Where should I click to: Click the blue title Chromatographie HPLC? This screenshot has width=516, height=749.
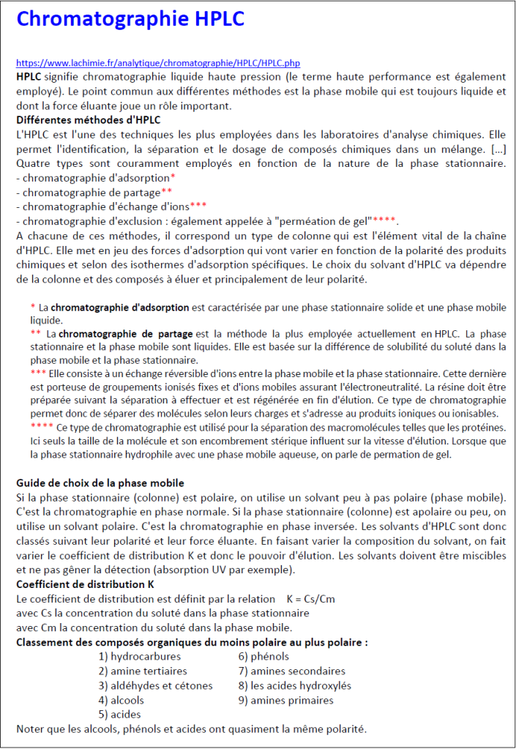click(x=130, y=20)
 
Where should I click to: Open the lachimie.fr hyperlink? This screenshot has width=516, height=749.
click(x=158, y=64)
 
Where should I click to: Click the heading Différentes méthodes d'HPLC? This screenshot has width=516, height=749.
click(x=89, y=120)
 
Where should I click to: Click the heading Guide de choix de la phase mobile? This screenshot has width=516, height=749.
click(x=100, y=483)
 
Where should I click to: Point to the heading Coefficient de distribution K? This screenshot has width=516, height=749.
click(x=85, y=584)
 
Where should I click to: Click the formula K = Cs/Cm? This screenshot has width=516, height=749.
click(x=311, y=599)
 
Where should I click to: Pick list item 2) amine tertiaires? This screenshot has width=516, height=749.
click(x=143, y=671)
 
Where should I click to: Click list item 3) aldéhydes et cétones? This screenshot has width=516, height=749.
click(x=155, y=685)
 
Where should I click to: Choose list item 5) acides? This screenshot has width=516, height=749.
click(x=119, y=714)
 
